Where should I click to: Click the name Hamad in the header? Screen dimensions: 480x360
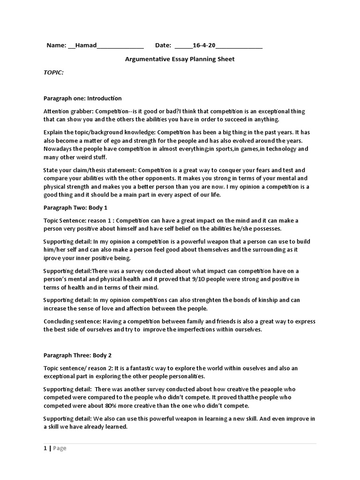(x=86, y=45)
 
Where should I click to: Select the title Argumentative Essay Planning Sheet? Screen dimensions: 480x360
(x=180, y=59)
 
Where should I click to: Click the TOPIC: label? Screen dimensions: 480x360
(x=53, y=73)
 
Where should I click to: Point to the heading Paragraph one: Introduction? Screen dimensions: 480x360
(x=82, y=98)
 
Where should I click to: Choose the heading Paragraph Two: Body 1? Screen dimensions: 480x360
(x=75, y=207)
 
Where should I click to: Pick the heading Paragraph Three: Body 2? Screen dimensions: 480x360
(x=77, y=355)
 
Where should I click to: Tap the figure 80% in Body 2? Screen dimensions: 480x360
(x=112, y=405)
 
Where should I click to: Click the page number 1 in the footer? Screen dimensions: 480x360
(x=45, y=448)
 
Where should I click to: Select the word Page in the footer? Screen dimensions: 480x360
(x=60, y=448)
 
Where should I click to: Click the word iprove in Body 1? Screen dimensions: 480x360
(x=52, y=258)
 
